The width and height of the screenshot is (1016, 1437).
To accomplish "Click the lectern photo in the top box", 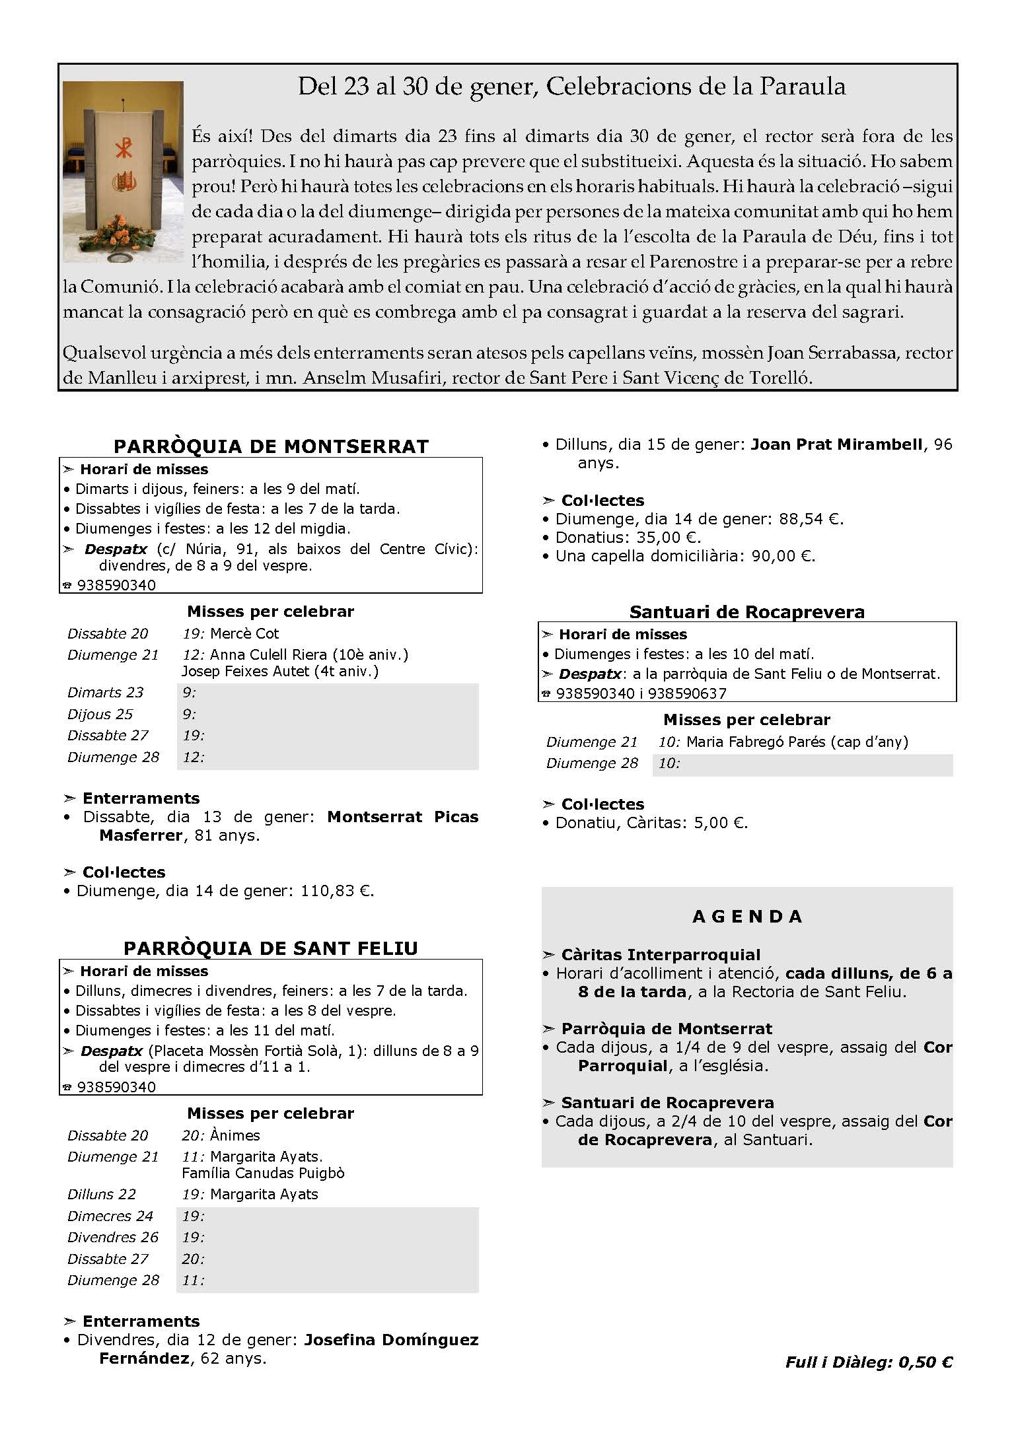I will [x=123, y=172].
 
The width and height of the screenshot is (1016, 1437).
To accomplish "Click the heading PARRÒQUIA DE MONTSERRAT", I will [x=271, y=446].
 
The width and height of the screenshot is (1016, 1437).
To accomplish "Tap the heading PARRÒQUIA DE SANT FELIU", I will [x=271, y=948].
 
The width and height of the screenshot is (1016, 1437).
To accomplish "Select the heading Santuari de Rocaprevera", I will [x=746, y=612].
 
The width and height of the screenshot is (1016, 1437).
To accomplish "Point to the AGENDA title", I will [x=747, y=917].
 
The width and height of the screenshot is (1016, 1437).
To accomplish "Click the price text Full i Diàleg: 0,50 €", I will [x=869, y=1362].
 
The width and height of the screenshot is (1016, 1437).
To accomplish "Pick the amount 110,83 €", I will [x=337, y=891].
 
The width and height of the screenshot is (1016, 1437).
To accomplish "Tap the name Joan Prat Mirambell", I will [x=836, y=444].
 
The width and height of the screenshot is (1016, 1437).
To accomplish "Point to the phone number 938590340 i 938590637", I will [x=641, y=693].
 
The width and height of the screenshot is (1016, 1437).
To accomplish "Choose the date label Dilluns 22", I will [x=102, y=1195].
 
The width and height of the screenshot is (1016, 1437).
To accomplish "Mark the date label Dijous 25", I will [x=100, y=715].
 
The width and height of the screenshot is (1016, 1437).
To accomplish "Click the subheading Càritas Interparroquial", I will [x=661, y=955].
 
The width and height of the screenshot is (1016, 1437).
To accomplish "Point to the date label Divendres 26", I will [x=113, y=1238].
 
